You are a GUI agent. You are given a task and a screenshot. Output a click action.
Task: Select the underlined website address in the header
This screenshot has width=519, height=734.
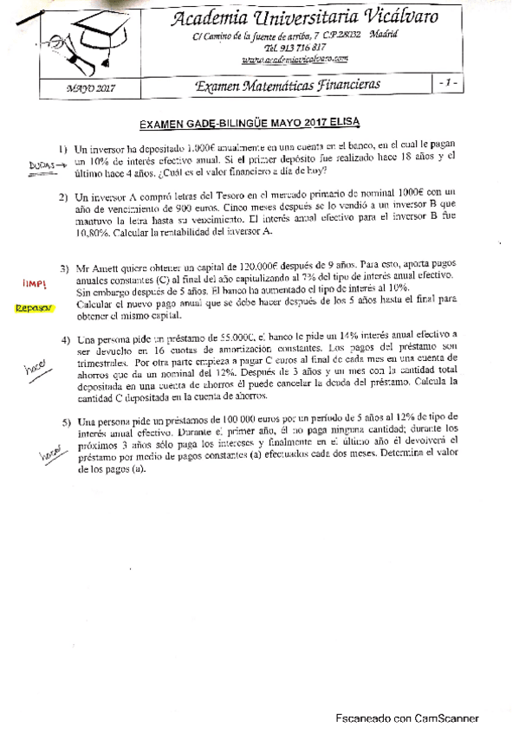pos(295,59)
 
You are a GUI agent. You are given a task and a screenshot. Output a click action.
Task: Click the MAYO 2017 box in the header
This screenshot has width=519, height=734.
pos(91,87)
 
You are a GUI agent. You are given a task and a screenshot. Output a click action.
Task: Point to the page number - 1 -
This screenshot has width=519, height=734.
pos(448,83)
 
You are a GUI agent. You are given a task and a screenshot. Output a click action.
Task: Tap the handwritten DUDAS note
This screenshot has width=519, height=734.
pos(40,164)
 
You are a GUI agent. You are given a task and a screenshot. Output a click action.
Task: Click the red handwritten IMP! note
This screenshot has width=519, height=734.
pos(36,284)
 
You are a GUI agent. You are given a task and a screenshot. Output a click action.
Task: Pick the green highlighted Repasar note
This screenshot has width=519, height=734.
pos(35,306)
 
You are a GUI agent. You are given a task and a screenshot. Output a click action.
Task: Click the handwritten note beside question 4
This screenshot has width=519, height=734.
pos(35,369)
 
